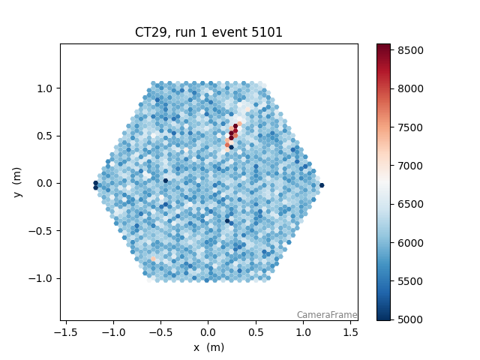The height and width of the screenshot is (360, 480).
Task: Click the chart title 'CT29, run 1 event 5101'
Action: tap(208, 32)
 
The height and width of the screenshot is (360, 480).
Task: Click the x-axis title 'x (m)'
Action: tap(208, 347)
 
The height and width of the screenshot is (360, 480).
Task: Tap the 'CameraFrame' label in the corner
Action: tap(326, 315)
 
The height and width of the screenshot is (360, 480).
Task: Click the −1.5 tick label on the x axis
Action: tap(66, 331)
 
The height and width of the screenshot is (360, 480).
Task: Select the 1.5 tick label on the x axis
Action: tap(351, 331)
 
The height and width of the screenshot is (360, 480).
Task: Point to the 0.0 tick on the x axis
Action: tap(208, 331)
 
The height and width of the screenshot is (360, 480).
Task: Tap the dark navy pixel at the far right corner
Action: tap(322, 185)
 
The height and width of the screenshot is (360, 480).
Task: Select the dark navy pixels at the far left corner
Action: tap(95, 184)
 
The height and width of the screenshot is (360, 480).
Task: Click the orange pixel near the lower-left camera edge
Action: tap(154, 259)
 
